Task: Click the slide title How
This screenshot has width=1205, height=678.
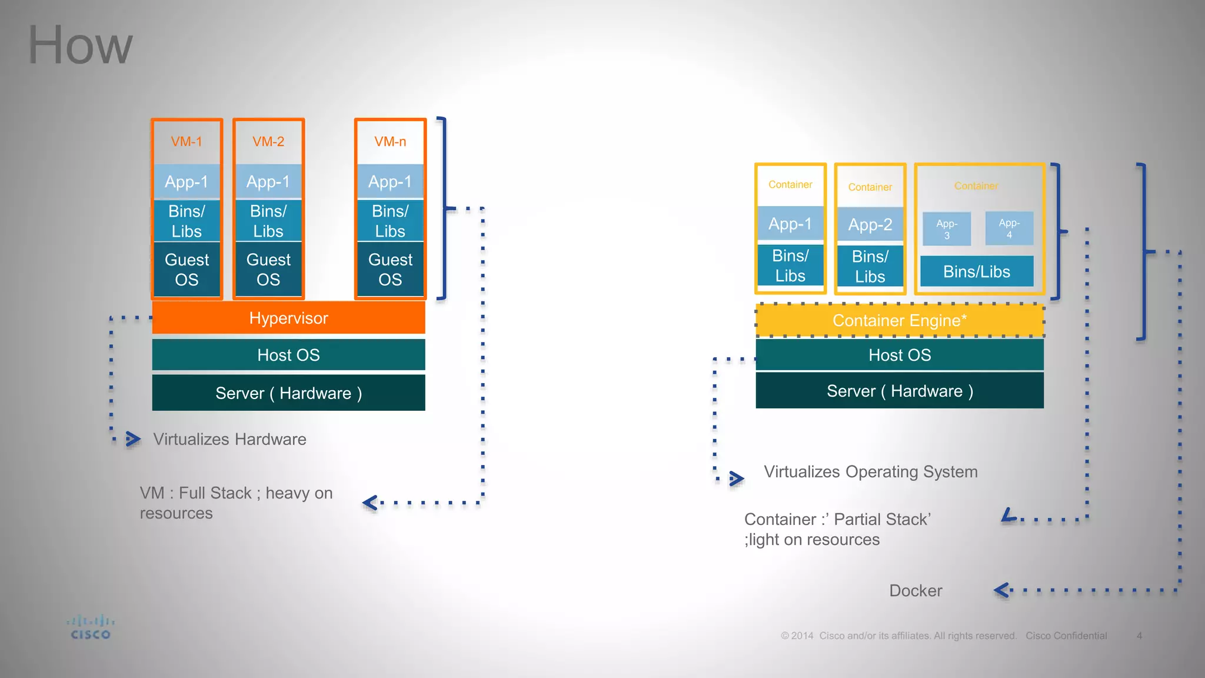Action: tap(80, 46)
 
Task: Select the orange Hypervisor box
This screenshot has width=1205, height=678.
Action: tap(288, 318)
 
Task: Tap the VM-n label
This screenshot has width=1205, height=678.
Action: tap(390, 142)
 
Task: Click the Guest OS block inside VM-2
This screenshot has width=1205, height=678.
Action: tap(268, 270)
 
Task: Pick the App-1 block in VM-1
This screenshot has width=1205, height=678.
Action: tap(187, 182)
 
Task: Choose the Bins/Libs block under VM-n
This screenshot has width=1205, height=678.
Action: tap(390, 221)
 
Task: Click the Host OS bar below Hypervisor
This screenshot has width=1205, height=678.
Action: tap(288, 355)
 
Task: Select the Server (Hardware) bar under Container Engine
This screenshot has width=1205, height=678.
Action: tap(900, 391)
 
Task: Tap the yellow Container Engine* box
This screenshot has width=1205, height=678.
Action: tap(900, 321)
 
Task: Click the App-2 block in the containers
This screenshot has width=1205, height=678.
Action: tap(870, 224)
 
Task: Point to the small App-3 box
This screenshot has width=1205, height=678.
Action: tap(947, 229)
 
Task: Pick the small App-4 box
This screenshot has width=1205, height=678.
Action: tap(1009, 228)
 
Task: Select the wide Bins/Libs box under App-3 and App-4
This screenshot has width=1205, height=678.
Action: tap(977, 271)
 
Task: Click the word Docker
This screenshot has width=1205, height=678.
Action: tap(916, 590)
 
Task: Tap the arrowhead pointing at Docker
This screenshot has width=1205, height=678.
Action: tap(1003, 590)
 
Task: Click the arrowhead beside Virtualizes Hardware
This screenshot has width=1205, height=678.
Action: tap(133, 439)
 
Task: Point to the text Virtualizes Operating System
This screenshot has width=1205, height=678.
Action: tap(871, 471)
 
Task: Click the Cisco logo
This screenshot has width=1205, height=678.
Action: tap(91, 628)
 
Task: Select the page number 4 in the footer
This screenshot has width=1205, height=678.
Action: tap(1139, 636)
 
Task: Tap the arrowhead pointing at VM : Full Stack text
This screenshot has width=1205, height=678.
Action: tap(370, 503)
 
